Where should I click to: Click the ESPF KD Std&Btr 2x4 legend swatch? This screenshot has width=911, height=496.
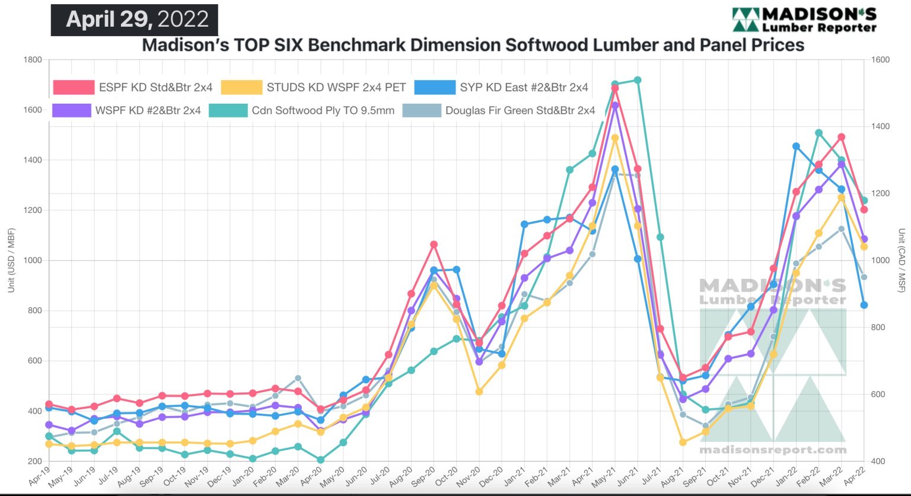pos(74,88)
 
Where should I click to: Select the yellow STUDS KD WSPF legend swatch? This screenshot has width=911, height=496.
pos(241,88)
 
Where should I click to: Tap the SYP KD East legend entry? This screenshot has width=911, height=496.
pos(435,88)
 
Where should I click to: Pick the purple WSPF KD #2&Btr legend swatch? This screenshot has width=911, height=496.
pos(72,110)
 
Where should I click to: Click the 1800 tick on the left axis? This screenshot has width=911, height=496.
pos(33,60)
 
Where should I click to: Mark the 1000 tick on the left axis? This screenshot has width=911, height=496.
pos(33,260)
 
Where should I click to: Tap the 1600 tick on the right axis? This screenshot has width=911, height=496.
pos(881,60)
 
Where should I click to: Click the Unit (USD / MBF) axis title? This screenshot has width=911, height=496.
pos(11,260)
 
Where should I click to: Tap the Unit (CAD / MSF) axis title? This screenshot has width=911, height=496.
pos(901,260)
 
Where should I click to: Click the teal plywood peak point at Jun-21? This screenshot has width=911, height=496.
pos(638,80)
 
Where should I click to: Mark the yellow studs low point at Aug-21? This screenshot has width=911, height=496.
pos(683,442)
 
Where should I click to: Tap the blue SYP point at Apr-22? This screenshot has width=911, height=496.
pos(864,305)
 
